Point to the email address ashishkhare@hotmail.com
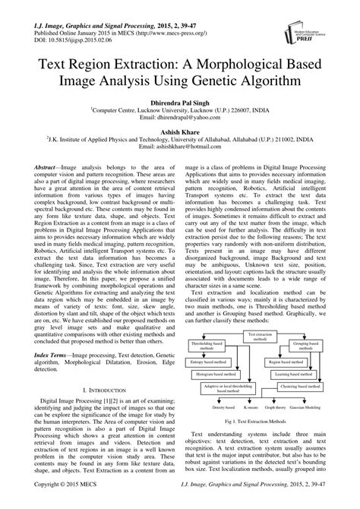(180, 149)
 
